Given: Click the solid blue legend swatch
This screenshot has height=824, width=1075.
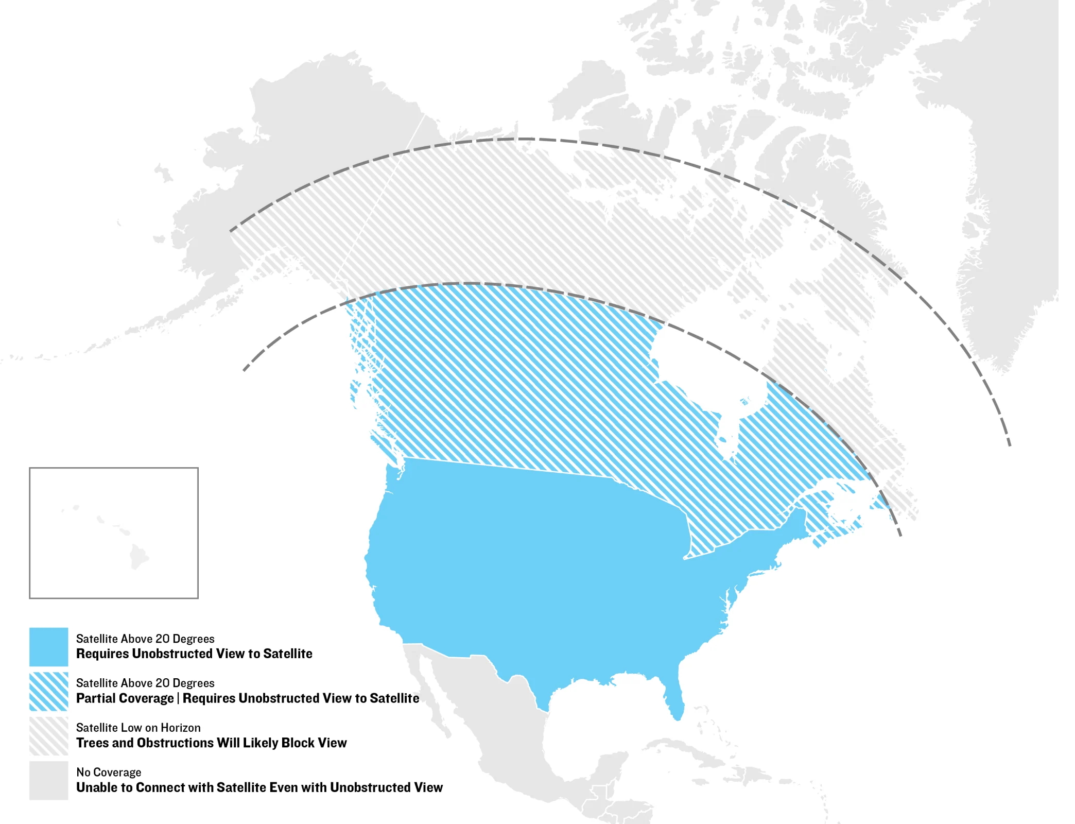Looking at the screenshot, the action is point(48,646).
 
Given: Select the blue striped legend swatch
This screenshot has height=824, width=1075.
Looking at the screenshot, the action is point(48,691).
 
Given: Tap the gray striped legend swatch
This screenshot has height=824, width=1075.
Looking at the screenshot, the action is point(48,736).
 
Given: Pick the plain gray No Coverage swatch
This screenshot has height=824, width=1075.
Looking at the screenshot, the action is point(48,780).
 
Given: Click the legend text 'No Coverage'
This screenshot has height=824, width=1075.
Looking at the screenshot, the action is point(109,772).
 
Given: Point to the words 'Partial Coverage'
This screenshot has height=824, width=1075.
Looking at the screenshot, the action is point(125,698).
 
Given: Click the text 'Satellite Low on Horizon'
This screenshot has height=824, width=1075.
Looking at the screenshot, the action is point(138,728).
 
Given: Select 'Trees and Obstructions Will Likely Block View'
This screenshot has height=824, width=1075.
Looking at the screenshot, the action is point(212,743).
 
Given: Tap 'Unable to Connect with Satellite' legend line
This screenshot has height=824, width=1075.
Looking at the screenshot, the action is point(259,787).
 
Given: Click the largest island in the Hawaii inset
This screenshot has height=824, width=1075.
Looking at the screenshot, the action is point(138,557).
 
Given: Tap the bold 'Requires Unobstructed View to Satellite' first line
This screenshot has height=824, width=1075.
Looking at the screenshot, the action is point(194,654).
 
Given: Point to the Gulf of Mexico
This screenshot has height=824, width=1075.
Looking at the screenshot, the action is point(592,721).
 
